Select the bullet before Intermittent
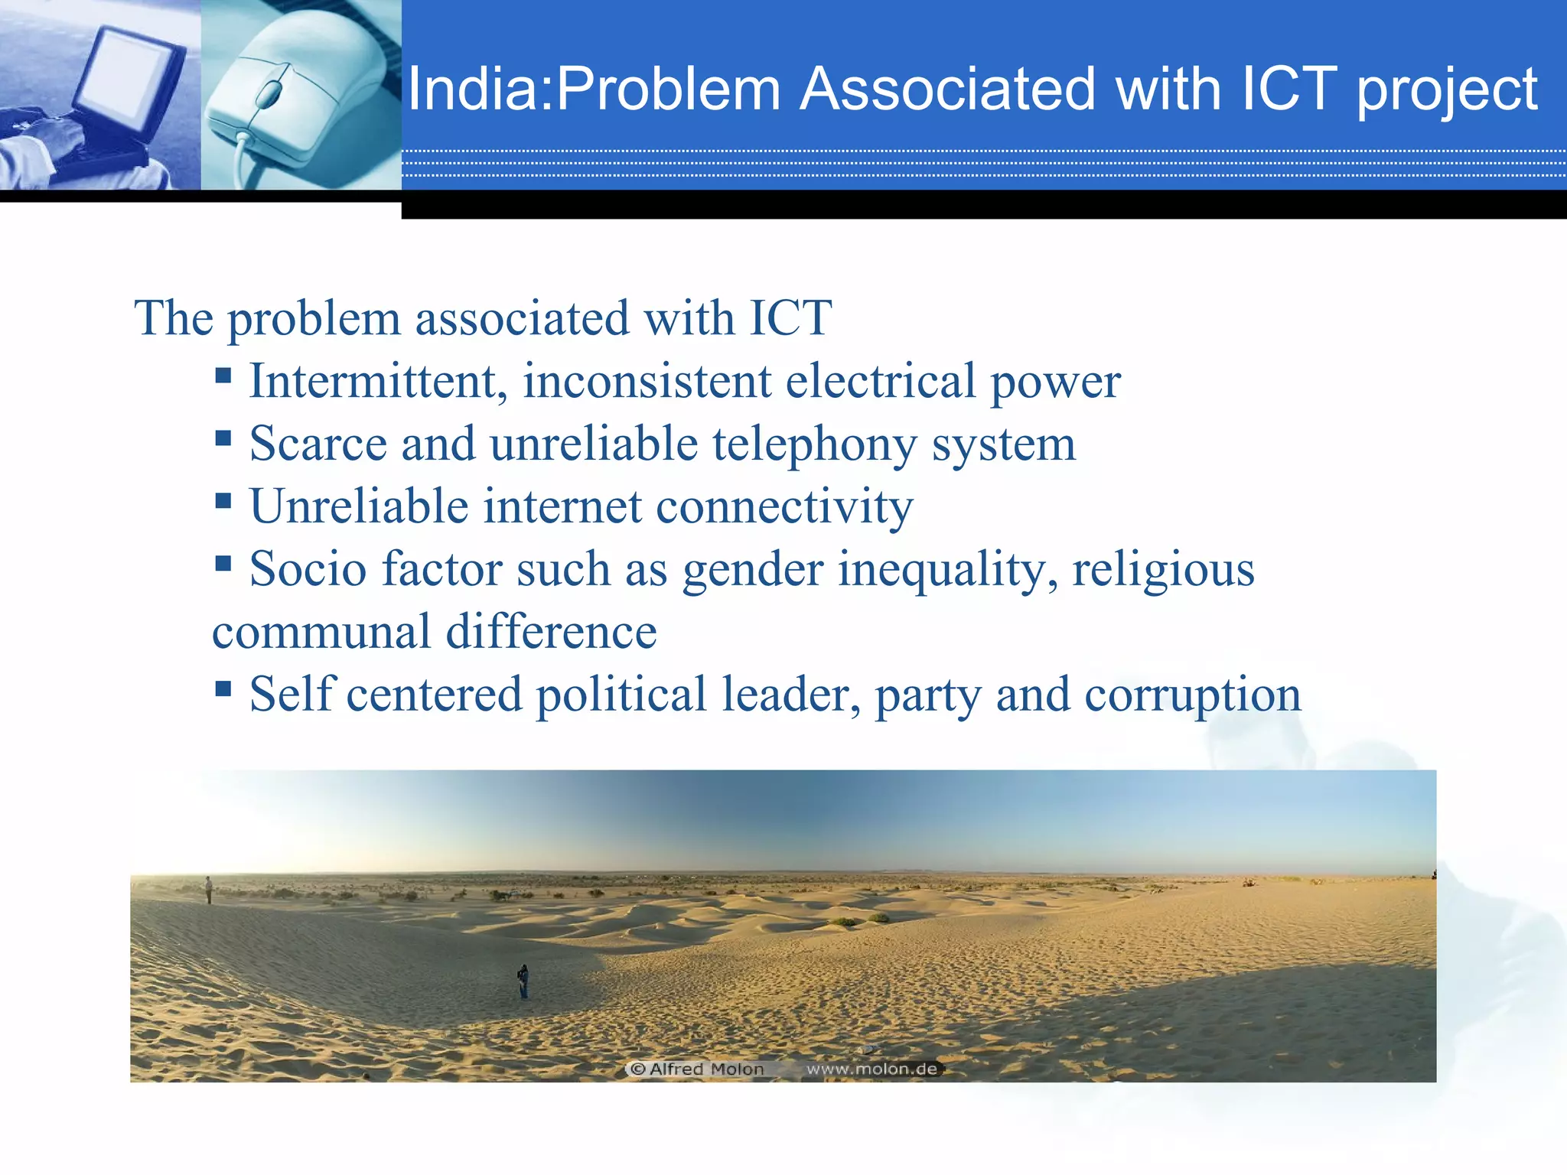223,375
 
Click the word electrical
880,380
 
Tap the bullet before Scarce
223,438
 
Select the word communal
321,632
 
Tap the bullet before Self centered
223,688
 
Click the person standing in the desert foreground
523,981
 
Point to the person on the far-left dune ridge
208,889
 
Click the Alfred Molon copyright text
698,1069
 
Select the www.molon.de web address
871,1069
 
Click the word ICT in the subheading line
790,317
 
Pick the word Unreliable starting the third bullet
359,506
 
